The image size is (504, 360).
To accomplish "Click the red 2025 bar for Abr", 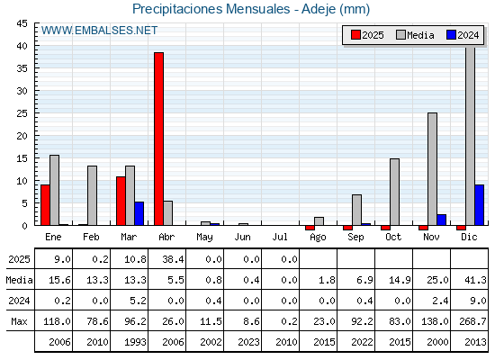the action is click(158, 139).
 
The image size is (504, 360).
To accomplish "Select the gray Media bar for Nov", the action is click(432, 169).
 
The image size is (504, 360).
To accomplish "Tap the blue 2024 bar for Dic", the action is click(479, 205).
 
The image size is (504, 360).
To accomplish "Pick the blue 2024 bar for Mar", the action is click(139, 214).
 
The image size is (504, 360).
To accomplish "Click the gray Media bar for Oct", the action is click(395, 192).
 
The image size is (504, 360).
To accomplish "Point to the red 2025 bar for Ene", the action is click(45, 205).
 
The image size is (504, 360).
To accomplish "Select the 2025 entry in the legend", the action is click(367, 35).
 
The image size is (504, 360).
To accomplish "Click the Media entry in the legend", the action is click(415, 35).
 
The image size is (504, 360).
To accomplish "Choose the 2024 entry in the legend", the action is click(463, 35).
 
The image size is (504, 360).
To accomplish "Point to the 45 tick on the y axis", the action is click(22, 23).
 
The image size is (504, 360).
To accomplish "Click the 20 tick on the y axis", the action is click(22, 136).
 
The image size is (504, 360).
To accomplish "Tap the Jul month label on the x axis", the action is click(280, 238).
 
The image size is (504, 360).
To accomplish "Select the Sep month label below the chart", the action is click(355, 238).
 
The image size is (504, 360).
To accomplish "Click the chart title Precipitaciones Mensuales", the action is click(211, 9).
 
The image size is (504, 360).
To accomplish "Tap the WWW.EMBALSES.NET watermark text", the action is click(99, 31).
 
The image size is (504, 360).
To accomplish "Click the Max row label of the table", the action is click(19, 321).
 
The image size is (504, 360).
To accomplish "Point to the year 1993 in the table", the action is click(135, 342).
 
